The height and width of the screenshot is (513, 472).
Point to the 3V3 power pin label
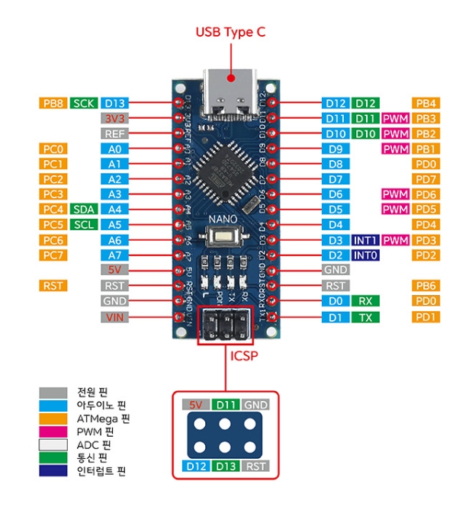click(113, 118)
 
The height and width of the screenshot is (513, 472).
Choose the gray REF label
click(113, 133)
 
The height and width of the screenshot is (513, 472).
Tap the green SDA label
click(82, 209)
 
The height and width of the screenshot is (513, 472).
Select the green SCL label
click(82, 224)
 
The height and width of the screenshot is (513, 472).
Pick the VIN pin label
click(113, 316)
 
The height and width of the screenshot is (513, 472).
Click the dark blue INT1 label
click(364, 240)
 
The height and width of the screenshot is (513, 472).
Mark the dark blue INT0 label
click(364, 255)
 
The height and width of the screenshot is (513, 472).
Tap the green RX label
click(364, 301)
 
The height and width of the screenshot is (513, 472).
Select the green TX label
click(364, 316)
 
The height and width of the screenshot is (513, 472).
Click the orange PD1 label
click(425, 316)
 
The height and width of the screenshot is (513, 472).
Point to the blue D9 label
click(335, 149)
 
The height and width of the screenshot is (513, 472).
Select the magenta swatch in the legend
click(50, 431)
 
